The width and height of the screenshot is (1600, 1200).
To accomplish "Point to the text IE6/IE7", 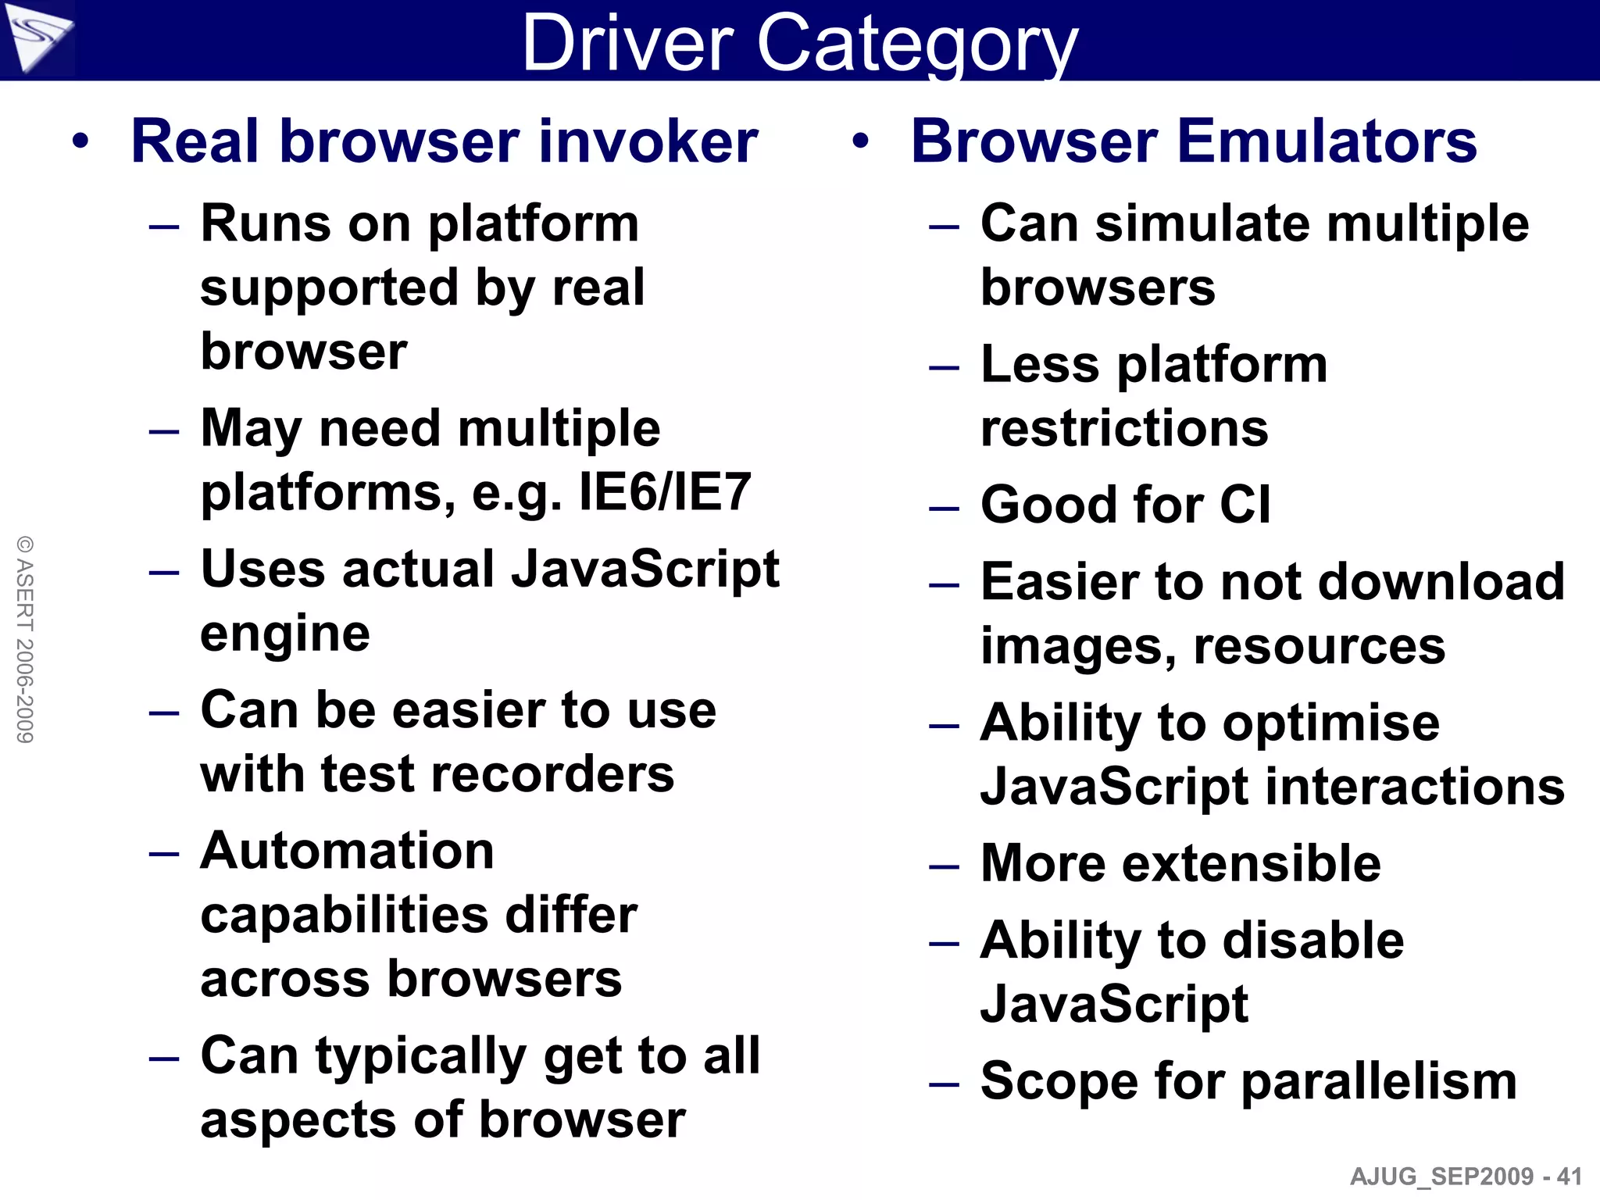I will tap(665, 492).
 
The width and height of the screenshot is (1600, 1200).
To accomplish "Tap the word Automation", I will tap(347, 851).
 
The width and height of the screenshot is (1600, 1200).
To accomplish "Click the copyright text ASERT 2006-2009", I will tap(25, 639).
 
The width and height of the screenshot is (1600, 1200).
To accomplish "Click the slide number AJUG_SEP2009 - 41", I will tap(1466, 1177).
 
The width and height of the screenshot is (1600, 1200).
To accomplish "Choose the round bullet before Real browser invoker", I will tap(80, 142).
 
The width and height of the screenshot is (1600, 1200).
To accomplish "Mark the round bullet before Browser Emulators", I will tap(860, 142).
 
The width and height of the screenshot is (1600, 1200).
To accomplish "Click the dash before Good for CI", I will tap(944, 509).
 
